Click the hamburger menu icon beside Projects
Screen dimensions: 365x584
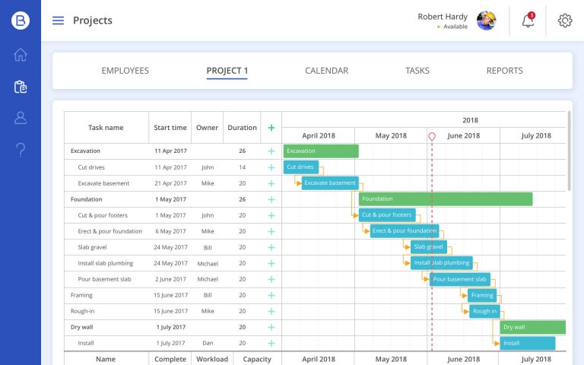click(x=58, y=21)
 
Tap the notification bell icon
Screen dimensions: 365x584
click(x=528, y=21)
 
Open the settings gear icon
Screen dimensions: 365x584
click(x=564, y=21)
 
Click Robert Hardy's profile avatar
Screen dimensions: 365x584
click(x=486, y=21)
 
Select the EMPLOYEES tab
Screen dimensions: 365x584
click(x=125, y=71)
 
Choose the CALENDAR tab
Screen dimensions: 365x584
click(x=326, y=71)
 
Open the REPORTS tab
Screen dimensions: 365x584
click(x=504, y=71)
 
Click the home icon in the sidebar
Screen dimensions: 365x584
click(x=21, y=55)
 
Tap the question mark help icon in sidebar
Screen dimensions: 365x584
click(x=21, y=149)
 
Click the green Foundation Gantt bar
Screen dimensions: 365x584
click(x=445, y=199)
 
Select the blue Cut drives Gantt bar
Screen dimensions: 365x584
click(x=301, y=167)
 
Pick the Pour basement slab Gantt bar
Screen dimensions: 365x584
click(x=459, y=279)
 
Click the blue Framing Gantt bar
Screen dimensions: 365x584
click(x=482, y=295)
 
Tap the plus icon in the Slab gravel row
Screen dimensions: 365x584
click(x=271, y=247)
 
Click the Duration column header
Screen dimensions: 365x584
click(x=242, y=128)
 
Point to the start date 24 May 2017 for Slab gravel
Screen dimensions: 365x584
click(x=170, y=247)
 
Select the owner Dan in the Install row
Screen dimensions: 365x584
click(x=207, y=343)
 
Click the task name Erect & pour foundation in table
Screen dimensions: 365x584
click(x=109, y=231)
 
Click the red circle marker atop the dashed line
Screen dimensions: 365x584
click(x=432, y=136)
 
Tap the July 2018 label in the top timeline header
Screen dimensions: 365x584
click(x=536, y=135)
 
